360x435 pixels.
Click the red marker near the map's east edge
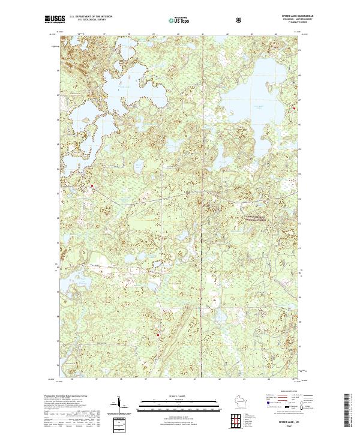click(x=295, y=109)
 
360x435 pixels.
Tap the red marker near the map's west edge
click(x=92, y=187)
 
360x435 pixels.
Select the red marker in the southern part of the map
click(x=158, y=335)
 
